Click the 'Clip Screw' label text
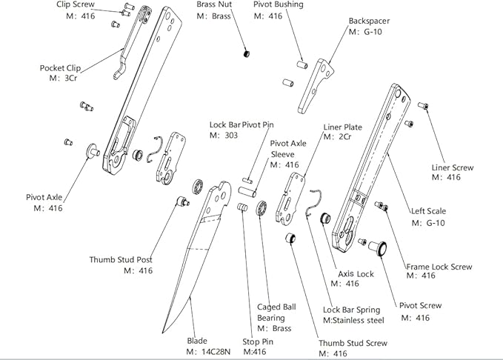click(75, 4)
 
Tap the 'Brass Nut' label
click(213, 4)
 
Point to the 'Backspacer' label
click(369, 21)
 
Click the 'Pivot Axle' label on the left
click(44, 197)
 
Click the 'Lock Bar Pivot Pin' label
click(241, 124)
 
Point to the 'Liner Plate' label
click(342, 127)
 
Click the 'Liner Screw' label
click(452, 167)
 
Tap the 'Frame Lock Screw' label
click(439, 266)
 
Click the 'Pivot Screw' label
click(420, 305)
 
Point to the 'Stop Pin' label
click(259, 341)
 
